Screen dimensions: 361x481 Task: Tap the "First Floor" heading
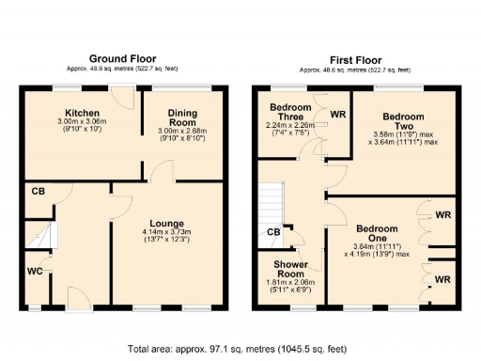(x=355, y=58)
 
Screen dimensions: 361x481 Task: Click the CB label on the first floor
(x=272, y=232)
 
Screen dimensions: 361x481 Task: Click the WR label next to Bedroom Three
(x=337, y=115)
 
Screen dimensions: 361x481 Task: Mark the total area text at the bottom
(x=240, y=348)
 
